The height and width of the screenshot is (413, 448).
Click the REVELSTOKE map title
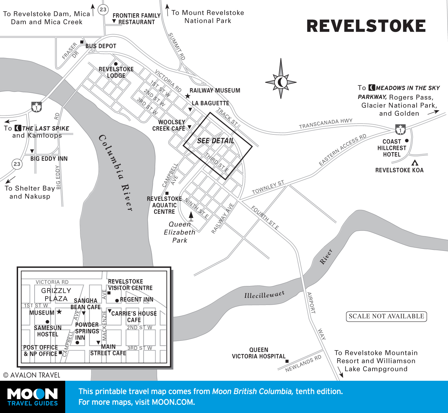pos(366,26)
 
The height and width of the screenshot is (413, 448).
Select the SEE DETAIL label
pos(216,141)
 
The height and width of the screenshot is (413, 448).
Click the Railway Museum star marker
pos(188,96)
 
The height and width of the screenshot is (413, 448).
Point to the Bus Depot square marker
pos(82,42)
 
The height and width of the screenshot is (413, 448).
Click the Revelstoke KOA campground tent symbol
pos(415,163)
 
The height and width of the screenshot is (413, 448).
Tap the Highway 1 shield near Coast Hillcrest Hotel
pos(401,130)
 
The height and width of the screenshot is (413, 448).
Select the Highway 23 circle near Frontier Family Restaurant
pos(103,10)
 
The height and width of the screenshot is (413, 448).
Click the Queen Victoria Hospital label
pos(259,353)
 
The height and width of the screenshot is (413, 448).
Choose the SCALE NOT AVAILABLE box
pos(386,316)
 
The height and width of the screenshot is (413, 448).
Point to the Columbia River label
pos(116,172)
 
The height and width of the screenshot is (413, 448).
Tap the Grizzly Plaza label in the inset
pos(56,295)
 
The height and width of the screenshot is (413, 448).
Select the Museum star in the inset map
pos(59,312)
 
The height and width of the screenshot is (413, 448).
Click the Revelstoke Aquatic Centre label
pos(164,205)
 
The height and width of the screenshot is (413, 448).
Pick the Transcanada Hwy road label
pos(325,123)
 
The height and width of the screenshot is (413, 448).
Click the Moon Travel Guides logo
pos(33,397)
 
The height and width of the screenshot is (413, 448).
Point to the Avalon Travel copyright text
pos(32,375)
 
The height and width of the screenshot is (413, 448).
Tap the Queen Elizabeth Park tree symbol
pos(191,216)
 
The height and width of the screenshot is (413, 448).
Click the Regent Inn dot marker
pos(117,300)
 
